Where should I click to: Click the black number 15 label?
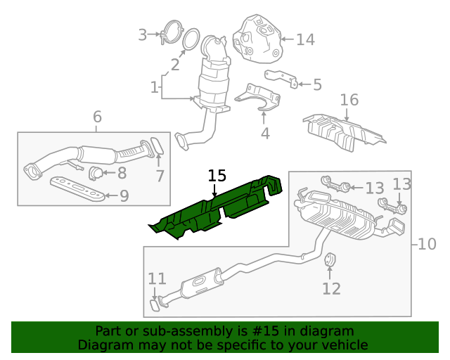click(x=217, y=176)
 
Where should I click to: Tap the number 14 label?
click(x=305, y=39)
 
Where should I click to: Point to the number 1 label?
click(x=154, y=88)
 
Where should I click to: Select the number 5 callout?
click(x=317, y=85)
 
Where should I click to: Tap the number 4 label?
click(x=265, y=133)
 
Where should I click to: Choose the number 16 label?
click(x=349, y=100)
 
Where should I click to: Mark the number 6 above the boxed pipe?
click(x=97, y=116)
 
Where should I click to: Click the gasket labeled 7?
click(x=159, y=146)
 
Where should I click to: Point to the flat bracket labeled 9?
click(x=77, y=188)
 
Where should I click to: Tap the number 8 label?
click(x=122, y=172)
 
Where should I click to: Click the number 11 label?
click(x=157, y=278)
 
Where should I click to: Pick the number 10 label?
click(x=426, y=244)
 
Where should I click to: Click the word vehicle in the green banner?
click(x=342, y=345)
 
